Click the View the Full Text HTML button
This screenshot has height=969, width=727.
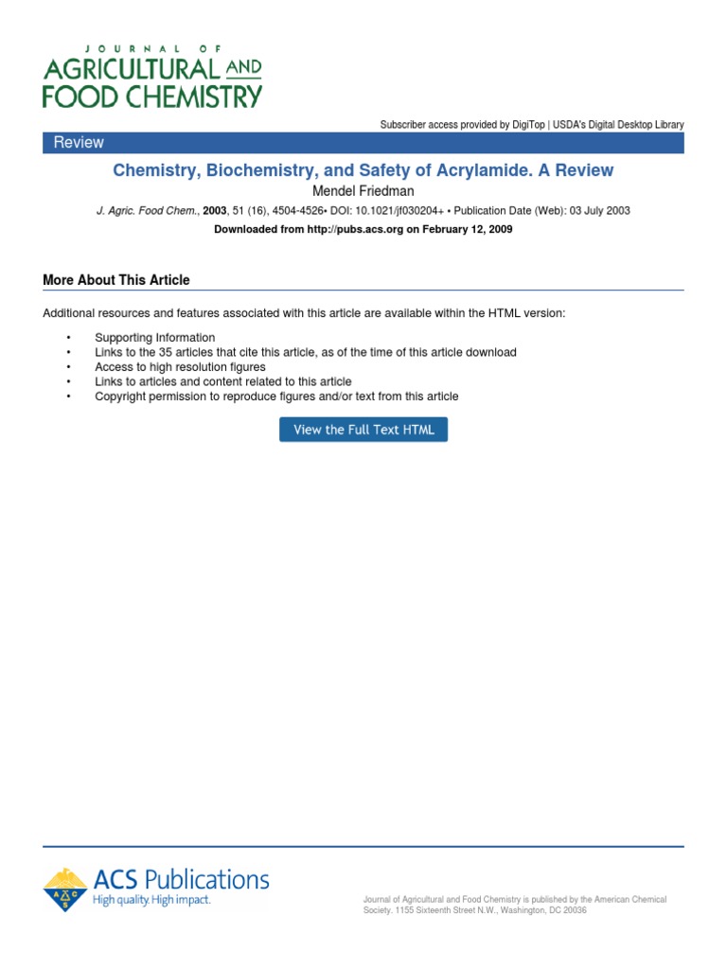point(363,430)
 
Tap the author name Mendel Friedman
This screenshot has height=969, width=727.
point(363,191)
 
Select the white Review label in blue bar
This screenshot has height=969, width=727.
point(79,143)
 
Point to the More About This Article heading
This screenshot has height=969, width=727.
point(116,280)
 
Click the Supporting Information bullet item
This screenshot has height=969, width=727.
point(154,338)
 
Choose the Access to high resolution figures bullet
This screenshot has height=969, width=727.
point(180,367)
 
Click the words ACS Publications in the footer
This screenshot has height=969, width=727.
point(180,879)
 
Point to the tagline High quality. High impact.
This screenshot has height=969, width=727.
point(151,901)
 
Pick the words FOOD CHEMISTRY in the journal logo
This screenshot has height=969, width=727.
point(152,96)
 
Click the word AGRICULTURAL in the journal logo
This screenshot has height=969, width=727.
point(131,69)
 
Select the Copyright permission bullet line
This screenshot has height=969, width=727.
point(276,396)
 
